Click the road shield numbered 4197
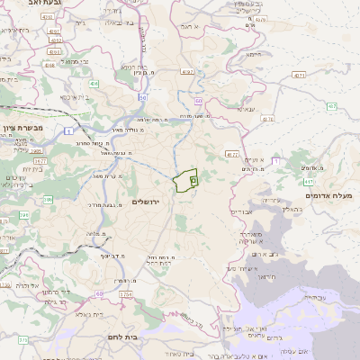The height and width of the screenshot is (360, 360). point(187,71)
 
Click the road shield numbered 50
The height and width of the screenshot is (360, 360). point(142,96)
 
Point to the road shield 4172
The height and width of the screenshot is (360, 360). point(231,154)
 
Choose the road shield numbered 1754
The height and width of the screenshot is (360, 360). point(125,294)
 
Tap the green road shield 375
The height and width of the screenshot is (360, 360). point(22,340)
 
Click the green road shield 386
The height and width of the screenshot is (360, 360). point(23,214)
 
